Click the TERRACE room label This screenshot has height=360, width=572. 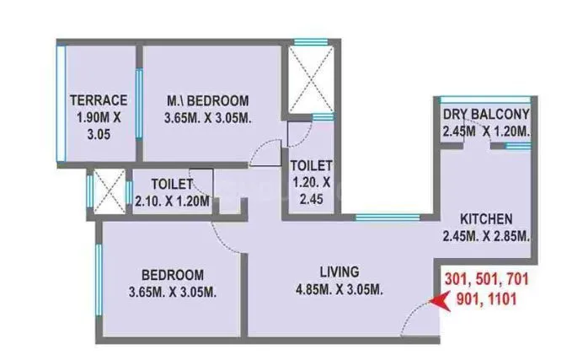[x=99, y=99]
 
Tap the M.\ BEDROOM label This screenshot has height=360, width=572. [x=207, y=99]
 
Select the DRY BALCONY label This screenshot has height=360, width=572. [x=486, y=115]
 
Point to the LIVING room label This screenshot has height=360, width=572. [x=339, y=272]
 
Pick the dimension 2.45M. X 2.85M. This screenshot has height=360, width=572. [x=486, y=238]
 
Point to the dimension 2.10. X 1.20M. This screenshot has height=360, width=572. [x=172, y=201]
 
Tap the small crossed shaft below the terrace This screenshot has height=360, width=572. [x=107, y=191]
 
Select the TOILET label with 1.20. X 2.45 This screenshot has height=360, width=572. [x=312, y=165]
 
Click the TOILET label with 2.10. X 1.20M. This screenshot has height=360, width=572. [x=172, y=184]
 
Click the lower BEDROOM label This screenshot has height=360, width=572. [x=172, y=274]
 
